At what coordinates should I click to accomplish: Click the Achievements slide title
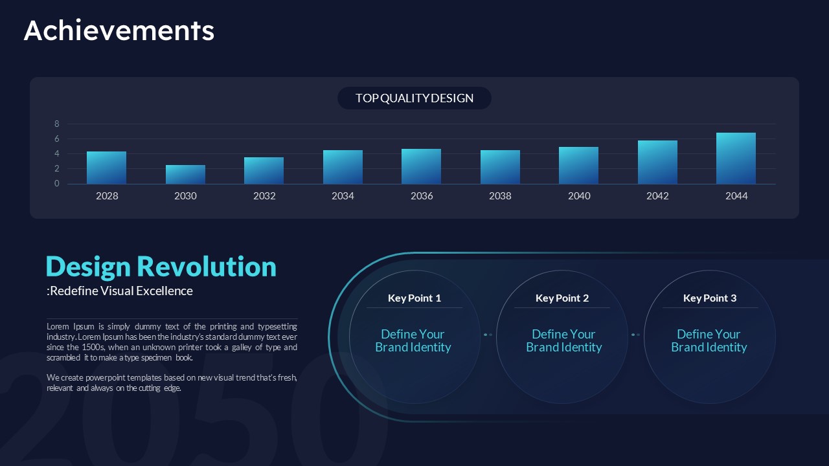coord(119,30)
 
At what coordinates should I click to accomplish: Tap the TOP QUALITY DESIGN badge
coord(414,98)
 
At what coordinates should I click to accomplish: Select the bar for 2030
coord(185,174)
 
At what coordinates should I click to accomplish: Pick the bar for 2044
coord(736,159)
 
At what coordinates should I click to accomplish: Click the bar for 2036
coord(421,166)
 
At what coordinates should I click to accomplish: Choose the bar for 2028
coord(107,168)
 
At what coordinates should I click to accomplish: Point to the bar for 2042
coord(657,162)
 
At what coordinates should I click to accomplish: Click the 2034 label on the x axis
coord(343,195)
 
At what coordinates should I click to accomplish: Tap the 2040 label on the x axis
coord(579,195)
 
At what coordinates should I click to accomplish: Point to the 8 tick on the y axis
coord(56,124)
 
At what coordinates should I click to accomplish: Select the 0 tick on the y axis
coord(56,183)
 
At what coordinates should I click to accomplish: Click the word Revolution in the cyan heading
coord(207,266)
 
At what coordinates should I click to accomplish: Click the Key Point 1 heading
coord(414,298)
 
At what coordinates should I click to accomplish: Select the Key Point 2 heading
coord(562,298)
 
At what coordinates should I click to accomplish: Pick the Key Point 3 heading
coord(710,298)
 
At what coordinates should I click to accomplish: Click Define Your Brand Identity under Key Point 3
coord(709,340)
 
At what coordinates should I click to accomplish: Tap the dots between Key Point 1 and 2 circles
coord(488,335)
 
